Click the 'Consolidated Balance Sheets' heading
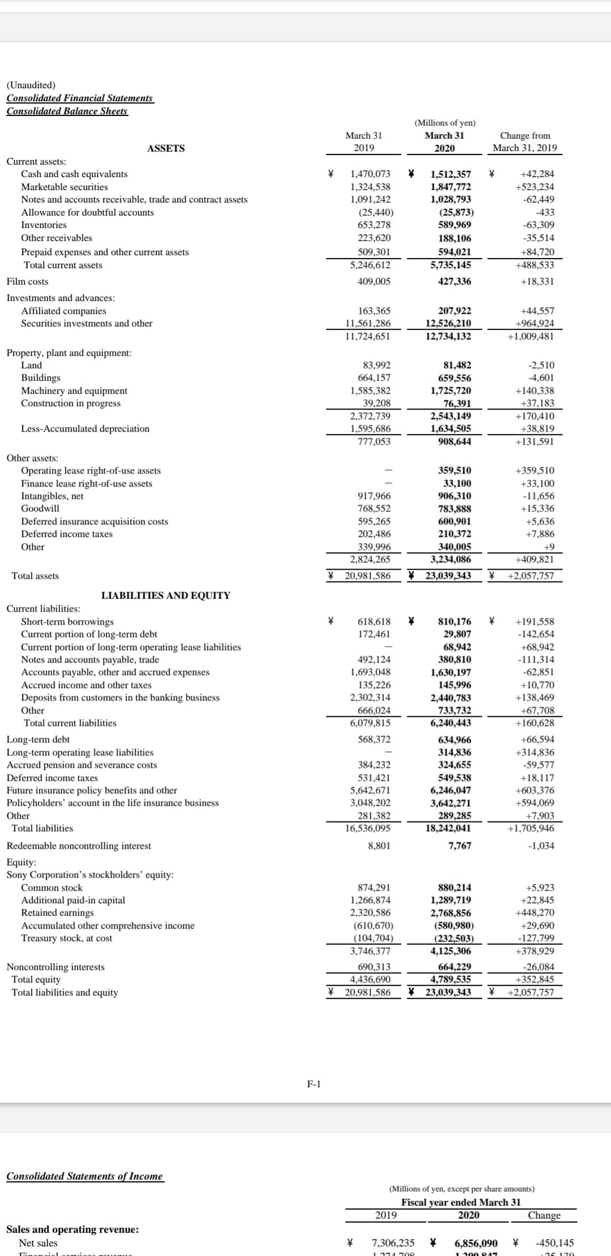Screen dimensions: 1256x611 click(x=67, y=111)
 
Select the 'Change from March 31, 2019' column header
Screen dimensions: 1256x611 click(x=524, y=141)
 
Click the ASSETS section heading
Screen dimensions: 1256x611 click(x=166, y=148)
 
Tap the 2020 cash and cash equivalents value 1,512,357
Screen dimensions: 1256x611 click(x=450, y=174)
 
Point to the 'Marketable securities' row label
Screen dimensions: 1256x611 click(x=64, y=187)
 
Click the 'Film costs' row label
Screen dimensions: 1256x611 click(x=28, y=282)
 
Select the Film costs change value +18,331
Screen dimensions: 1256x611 click(x=537, y=282)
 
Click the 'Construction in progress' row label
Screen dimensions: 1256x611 click(x=71, y=403)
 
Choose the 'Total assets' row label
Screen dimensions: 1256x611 click(x=35, y=576)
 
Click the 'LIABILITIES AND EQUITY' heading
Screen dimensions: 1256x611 click(x=166, y=595)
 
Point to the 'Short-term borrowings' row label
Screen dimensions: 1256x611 click(x=67, y=622)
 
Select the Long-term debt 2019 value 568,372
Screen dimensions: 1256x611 click(x=374, y=739)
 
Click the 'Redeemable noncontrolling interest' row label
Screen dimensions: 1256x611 click(x=79, y=846)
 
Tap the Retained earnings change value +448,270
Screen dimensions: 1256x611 click(x=535, y=913)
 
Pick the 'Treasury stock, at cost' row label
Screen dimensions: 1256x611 click(x=67, y=938)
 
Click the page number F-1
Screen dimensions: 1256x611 click(x=314, y=1084)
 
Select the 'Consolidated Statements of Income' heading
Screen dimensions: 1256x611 click(x=85, y=1176)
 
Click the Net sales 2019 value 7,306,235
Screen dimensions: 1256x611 click(x=393, y=1243)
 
